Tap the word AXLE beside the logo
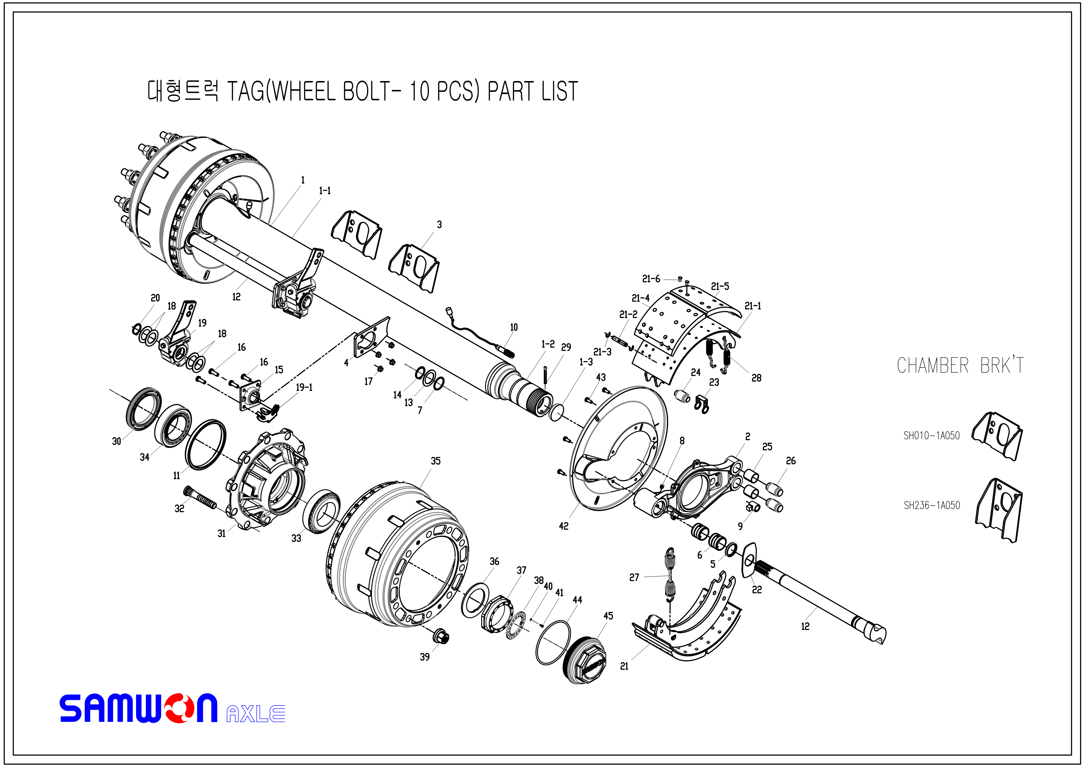point(256,713)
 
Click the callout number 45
point(608,616)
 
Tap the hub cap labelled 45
point(585,660)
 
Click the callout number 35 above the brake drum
point(435,461)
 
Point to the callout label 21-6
point(651,279)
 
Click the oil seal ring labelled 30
point(143,409)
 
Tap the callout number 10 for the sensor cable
point(514,327)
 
